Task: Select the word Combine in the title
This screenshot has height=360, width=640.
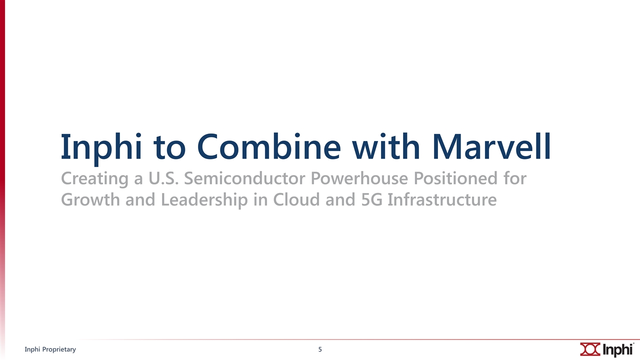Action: [269, 146]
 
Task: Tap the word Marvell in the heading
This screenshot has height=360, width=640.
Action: [491, 146]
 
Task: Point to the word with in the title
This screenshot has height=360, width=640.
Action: [386, 146]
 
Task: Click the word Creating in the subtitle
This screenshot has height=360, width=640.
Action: [94, 179]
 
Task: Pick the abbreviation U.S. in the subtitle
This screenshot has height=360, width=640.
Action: [163, 178]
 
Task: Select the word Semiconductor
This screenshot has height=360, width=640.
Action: [244, 178]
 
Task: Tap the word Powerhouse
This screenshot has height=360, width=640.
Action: [359, 178]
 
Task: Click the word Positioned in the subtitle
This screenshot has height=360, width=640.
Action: [455, 178]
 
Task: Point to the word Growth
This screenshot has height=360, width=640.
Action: [90, 199]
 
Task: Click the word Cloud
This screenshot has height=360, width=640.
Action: [296, 199]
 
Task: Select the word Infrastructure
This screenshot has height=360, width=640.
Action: [442, 199]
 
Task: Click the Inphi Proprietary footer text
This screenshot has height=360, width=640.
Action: [50, 349]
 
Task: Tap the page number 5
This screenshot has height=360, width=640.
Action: [320, 349]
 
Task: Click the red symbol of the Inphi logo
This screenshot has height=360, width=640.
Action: [590, 349]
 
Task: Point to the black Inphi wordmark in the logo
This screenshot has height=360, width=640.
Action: [617, 349]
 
